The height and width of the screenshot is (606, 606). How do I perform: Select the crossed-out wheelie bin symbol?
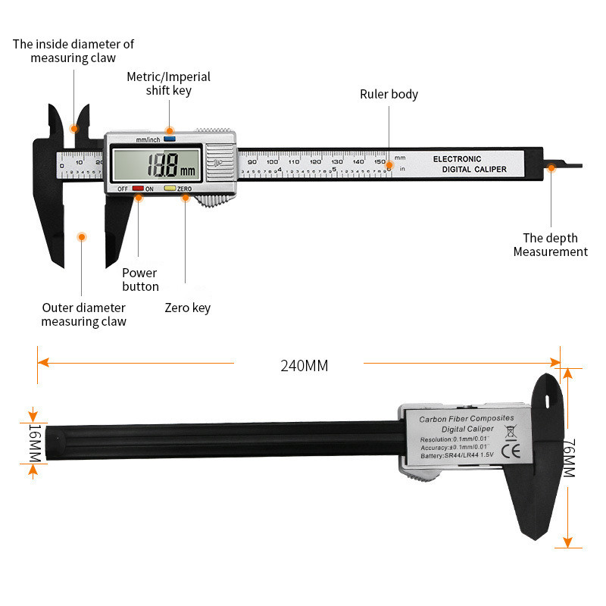(x=510, y=433)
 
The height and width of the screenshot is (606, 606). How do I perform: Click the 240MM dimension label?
(x=305, y=365)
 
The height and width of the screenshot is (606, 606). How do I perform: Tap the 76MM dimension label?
(x=569, y=458)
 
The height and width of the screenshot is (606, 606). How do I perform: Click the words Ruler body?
(x=389, y=95)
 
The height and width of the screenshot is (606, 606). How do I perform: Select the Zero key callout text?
(x=187, y=308)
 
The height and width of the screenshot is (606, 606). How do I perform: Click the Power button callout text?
(x=140, y=280)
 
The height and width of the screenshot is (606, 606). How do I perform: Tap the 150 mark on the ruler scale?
(x=380, y=161)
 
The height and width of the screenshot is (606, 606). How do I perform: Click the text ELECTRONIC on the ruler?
(x=457, y=159)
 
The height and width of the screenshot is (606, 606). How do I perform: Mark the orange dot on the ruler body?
(x=389, y=165)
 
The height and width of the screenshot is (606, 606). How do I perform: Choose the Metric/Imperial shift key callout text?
(x=168, y=83)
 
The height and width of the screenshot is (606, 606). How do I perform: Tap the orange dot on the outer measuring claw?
(x=82, y=237)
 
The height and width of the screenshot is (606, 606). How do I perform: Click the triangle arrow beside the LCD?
(x=218, y=162)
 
